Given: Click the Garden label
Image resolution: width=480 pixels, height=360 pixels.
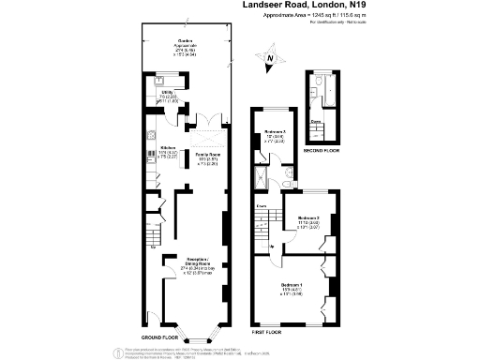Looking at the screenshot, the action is click(186, 43).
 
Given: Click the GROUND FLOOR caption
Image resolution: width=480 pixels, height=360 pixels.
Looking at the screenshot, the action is click(160, 336).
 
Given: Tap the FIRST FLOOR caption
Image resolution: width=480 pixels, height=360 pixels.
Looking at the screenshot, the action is click(267, 333).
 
